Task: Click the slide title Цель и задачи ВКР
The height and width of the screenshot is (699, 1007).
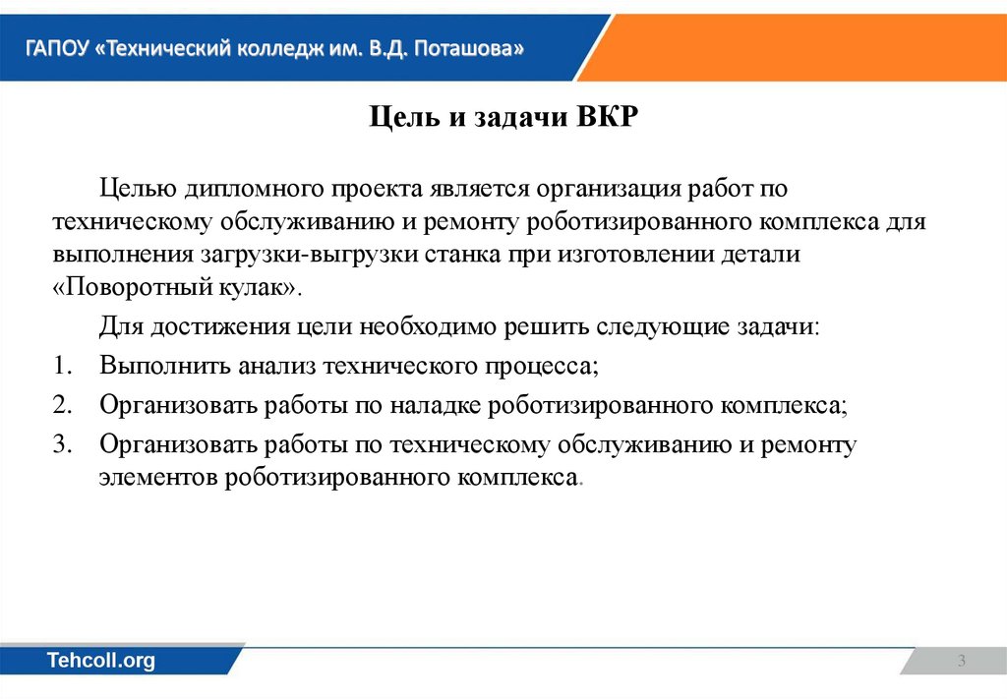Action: [x=503, y=119]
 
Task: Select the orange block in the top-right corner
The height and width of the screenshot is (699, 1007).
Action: [x=806, y=46]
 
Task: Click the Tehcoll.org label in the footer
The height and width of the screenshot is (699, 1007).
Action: [x=101, y=661]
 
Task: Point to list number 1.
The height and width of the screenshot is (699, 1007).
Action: [x=62, y=366]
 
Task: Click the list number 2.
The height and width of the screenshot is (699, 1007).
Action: [x=62, y=405]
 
